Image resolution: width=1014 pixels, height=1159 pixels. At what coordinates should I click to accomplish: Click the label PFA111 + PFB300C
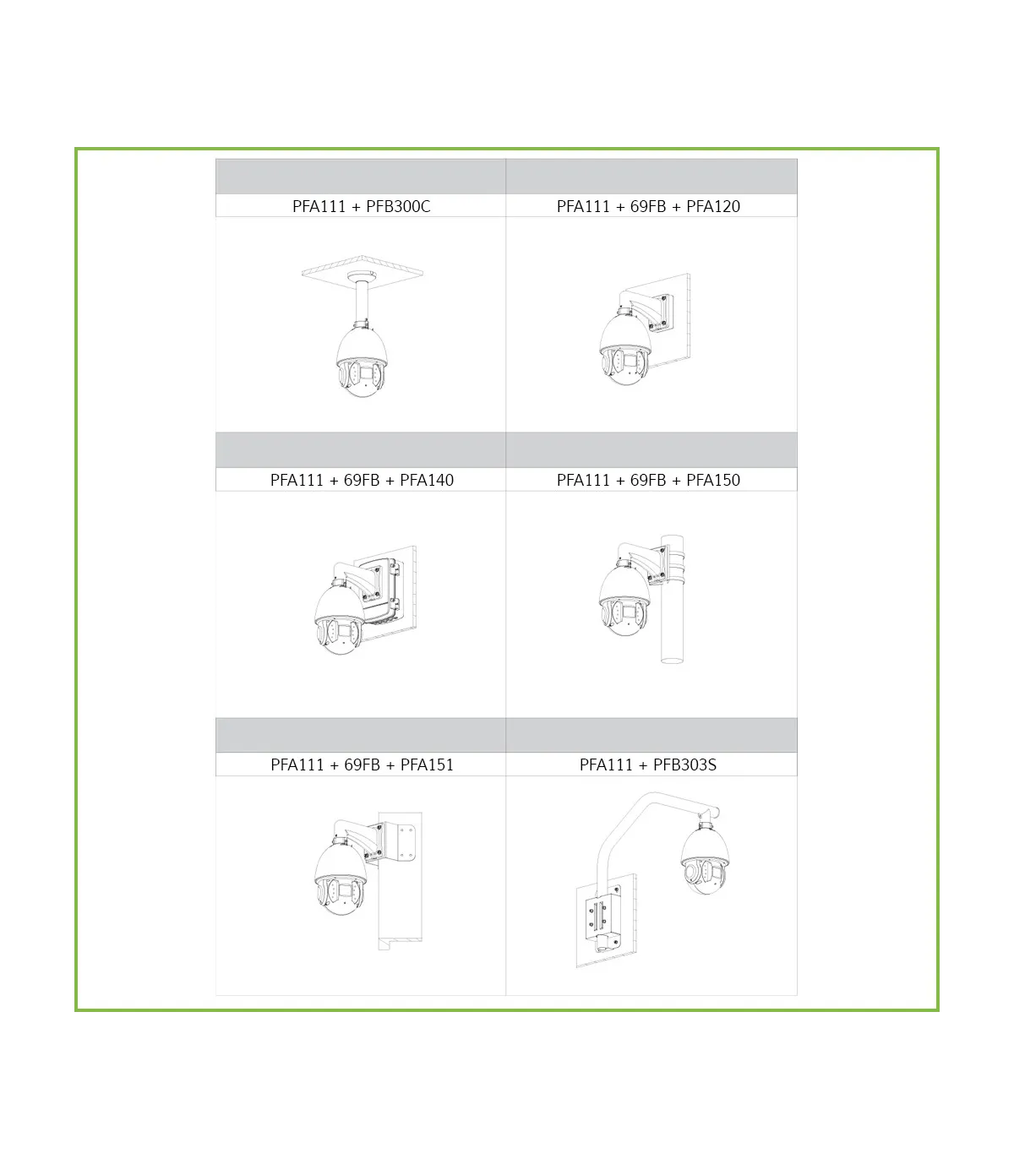[361, 206]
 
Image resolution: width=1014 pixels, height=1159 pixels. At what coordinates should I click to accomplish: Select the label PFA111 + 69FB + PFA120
[648, 206]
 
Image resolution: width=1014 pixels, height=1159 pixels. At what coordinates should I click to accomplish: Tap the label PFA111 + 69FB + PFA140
[362, 480]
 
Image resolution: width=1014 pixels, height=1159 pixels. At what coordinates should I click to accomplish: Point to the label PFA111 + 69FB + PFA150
[648, 480]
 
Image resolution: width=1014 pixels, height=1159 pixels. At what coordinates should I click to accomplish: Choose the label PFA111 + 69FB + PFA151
[362, 765]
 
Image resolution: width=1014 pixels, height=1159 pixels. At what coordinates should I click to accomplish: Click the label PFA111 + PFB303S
[647, 765]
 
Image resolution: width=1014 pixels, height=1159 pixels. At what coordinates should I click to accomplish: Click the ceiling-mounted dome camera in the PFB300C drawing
[362, 361]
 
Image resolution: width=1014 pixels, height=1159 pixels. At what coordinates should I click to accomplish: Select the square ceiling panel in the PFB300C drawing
[362, 268]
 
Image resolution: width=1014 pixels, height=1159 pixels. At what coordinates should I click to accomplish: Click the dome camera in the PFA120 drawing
[624, 349]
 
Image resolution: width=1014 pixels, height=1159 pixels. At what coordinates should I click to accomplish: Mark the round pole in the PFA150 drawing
[673, 598]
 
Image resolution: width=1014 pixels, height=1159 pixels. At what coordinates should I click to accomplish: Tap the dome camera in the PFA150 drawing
[624, 601]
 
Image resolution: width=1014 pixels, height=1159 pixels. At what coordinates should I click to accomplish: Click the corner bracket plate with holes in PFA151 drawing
[407, 843]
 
